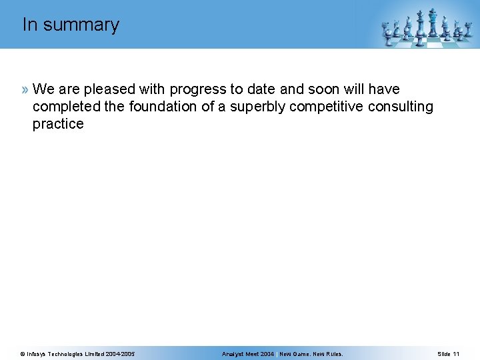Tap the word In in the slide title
coord(29,25)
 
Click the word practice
coord(58,124)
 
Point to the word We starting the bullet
coord(43,89)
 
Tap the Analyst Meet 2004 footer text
coord(247,353)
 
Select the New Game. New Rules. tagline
coord(311,353)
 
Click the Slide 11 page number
coord(448,353)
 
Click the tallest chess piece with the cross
coord(433,23)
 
